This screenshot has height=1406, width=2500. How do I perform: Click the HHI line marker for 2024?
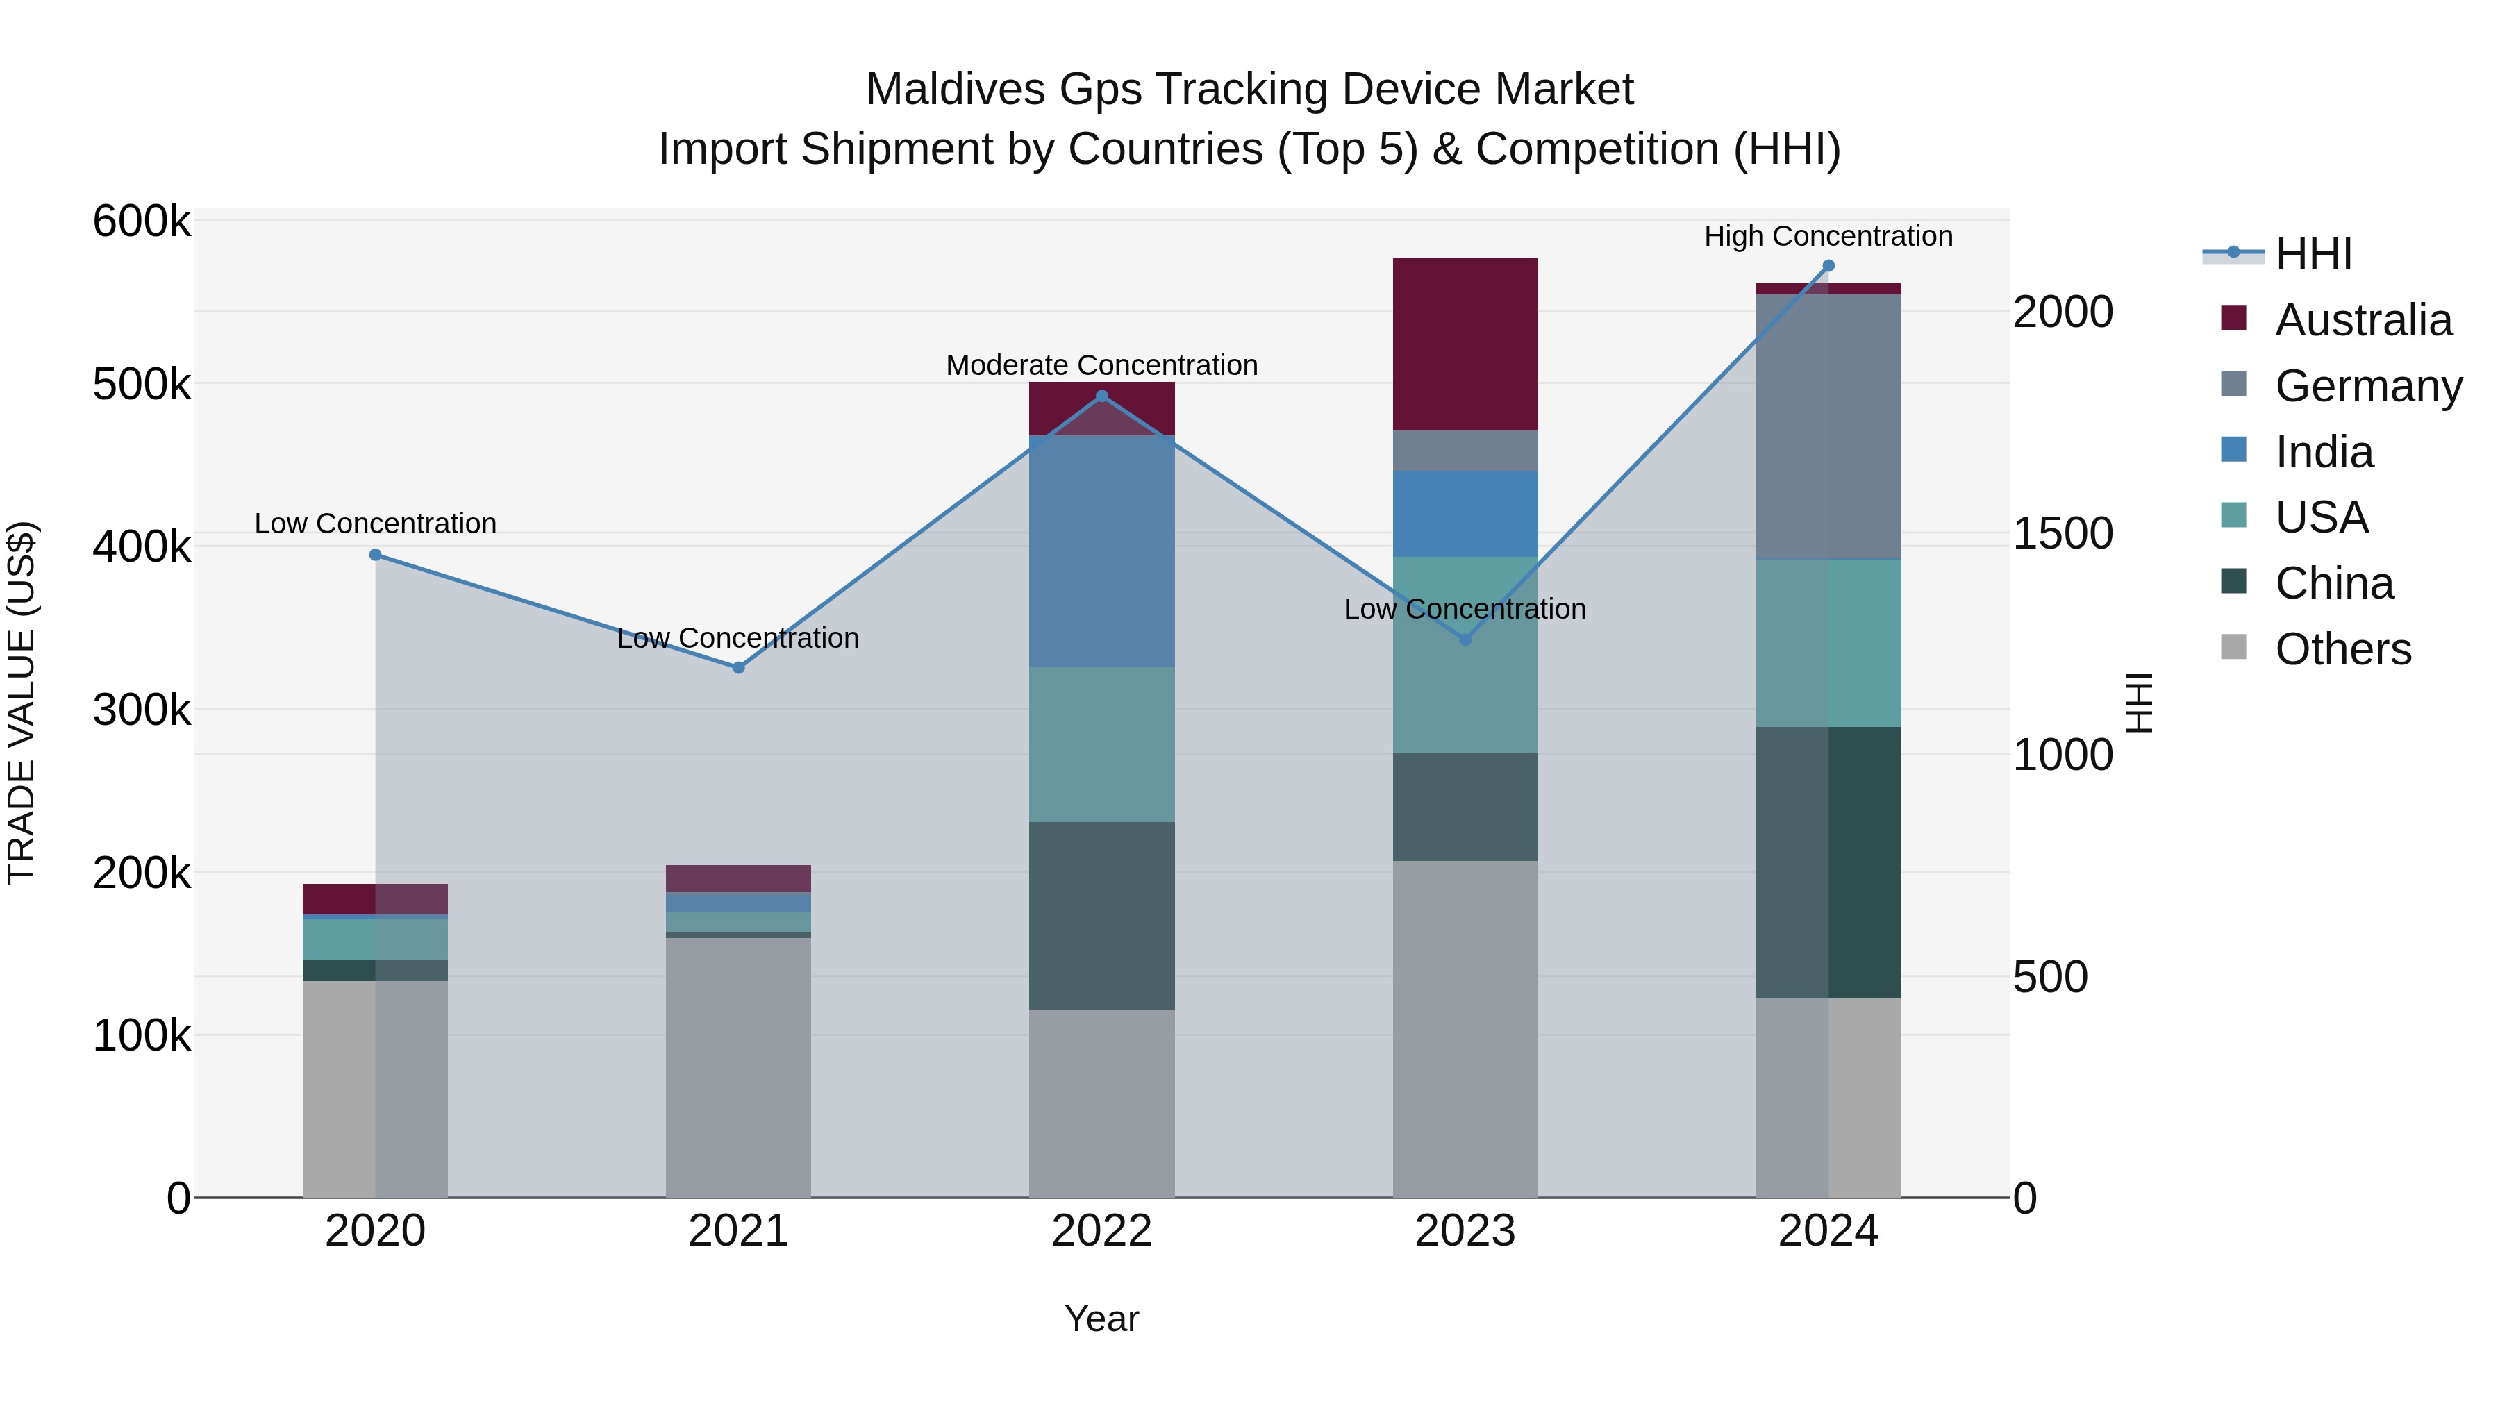(1828, 266)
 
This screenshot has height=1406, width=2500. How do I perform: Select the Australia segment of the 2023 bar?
(1465, 344)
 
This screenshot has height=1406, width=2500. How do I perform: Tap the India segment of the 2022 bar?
(1101, 551)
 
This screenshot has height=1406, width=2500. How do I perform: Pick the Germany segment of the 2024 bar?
(1828, 427)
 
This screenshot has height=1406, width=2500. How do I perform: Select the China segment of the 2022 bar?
(1101, 915)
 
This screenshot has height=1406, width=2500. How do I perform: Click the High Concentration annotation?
(1828, 237)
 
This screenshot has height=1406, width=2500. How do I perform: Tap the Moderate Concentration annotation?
(1101, 366)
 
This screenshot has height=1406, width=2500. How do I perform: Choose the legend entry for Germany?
(2368, 386)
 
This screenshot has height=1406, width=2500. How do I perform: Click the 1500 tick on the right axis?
(2062, 534)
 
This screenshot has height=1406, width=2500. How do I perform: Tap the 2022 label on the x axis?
(1101, 1231)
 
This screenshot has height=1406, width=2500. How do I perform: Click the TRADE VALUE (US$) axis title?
(22, 703)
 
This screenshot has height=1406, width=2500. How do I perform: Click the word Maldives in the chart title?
(955, 90)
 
